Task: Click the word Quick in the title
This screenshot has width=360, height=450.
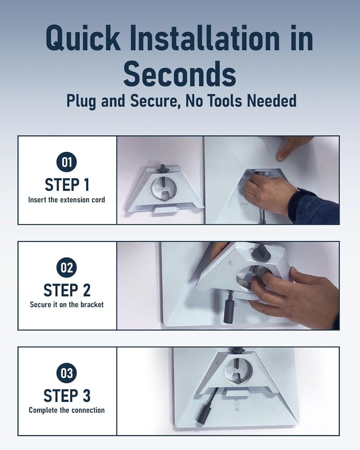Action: pyautogui.click(x=83, y=37)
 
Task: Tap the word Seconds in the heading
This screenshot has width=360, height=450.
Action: pyautogui.click(x=180, y=74)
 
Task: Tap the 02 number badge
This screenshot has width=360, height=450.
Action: pyautogui.click(x=67, y=267)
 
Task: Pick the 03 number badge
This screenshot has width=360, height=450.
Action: pyautogui.click(x=67, y=373)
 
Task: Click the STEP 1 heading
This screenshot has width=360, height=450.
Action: pyautogui.click(x=67, y=185)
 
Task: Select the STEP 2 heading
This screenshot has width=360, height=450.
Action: pyautogui.click(x=67, y=290)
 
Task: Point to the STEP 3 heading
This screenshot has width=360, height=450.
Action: pyautogui.click(x=67, y=396)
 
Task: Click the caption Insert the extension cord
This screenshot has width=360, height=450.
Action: pyautogui.click(x=67, y=200)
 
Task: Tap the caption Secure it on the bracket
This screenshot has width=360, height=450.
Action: pyautogui.click(x=67, y=304)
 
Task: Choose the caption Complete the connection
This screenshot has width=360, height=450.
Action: pyautogui.click(x=67, y=410)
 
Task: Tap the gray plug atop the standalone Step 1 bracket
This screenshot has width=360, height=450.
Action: pyautogui.click(x=163, y=169)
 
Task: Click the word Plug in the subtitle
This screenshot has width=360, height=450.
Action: pyautogui.click(x=82, y=101)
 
